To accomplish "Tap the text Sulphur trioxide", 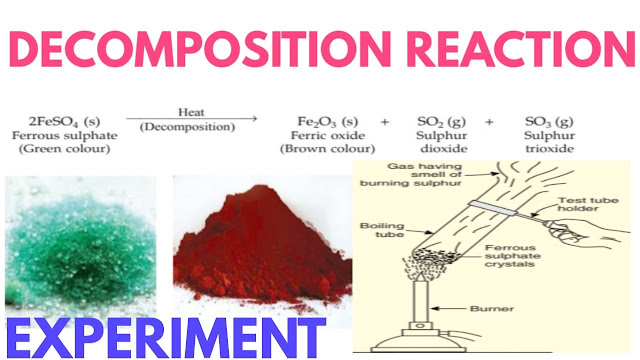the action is click(548, 141).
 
